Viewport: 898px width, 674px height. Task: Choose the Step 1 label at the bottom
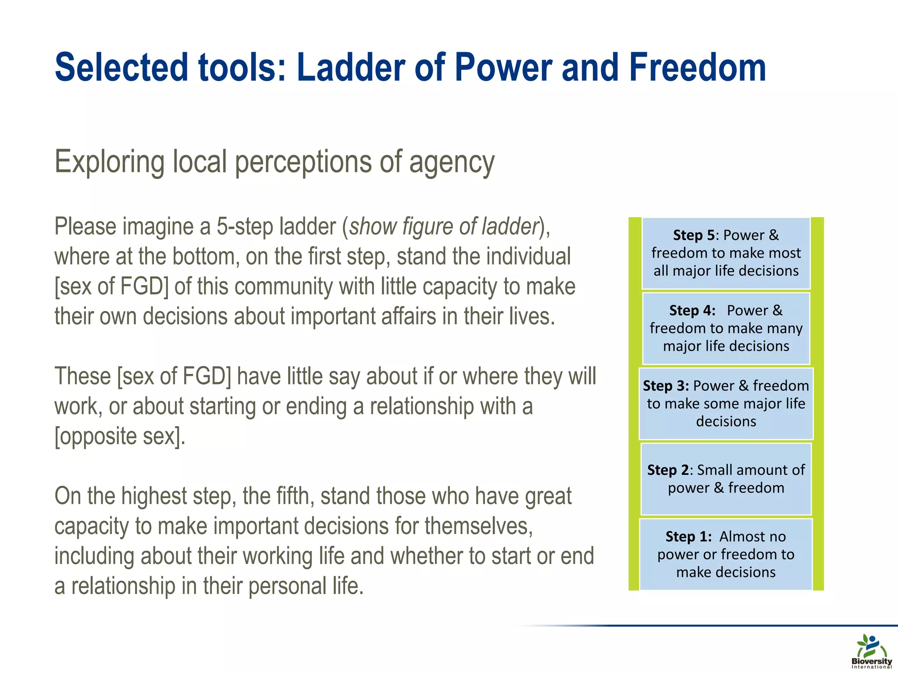pos(688,537)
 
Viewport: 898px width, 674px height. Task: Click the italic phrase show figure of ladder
pos(444,227)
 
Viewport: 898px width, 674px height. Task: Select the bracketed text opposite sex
pos(120,436)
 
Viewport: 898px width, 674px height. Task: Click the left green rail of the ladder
pos(634,404)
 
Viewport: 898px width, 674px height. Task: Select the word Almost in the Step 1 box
pos(741,537)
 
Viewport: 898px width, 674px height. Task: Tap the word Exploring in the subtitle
pos(110,162)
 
